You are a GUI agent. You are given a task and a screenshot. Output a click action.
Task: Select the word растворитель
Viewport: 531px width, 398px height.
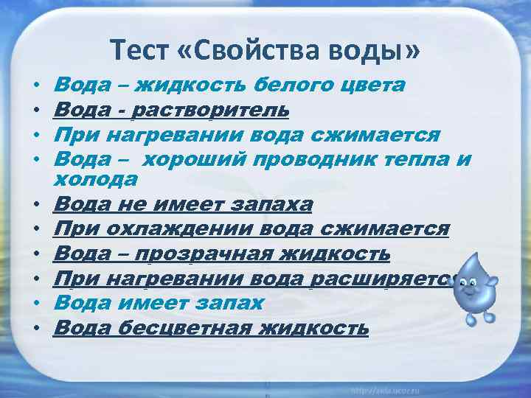click(x=211, y=110)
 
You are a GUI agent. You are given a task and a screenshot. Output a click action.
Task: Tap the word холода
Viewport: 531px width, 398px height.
click(x=97, y=179)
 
